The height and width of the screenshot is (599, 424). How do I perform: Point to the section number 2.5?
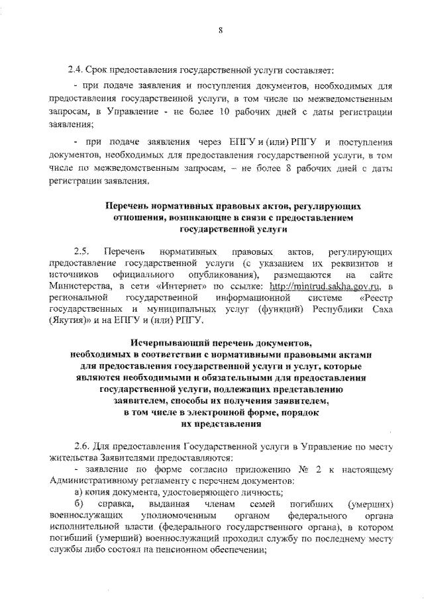(x=82, y=252)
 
